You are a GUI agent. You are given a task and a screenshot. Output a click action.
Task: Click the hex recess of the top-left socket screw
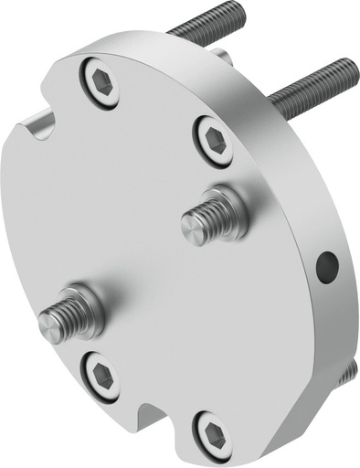point(102,84)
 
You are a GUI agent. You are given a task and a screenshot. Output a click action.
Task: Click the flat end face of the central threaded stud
point(190,225)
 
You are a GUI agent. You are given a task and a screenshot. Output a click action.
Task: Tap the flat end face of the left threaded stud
point(50,326)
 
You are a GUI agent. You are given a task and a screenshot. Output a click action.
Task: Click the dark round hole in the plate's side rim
point(326,267)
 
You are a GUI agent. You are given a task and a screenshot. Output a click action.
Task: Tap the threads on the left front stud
point(66,316)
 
